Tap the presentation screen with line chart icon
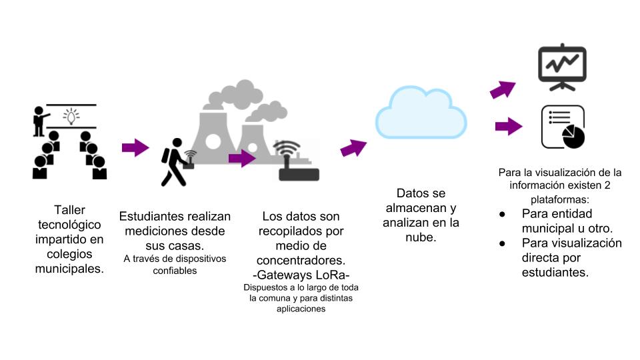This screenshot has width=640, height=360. click(x=562, y=66)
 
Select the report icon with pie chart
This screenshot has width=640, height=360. click(x=563, y=127)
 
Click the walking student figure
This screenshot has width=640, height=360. click(x=175, y=162)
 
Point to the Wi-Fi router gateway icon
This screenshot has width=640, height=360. click(x=297, y=161)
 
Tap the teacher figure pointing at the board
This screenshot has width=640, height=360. click(x=40, y=121)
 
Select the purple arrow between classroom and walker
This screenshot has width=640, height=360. click(x=135, y=147)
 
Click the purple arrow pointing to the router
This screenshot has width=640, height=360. click(x=242, y=159)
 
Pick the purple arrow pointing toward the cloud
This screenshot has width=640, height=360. click(x=353, y=148)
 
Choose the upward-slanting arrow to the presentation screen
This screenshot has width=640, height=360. click(x=503, y=89)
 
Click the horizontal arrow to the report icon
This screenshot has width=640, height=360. click(x=509, y=126)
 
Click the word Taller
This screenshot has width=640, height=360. click(x=69, y=210)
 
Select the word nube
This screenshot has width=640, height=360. click(x=421, y=237)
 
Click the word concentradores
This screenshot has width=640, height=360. click(x=301, y=260)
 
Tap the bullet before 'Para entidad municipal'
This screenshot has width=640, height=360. click(x=502, y=214)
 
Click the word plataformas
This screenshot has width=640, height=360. click(x=561, y=199)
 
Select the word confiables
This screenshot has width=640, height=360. click(x=175, y=271)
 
